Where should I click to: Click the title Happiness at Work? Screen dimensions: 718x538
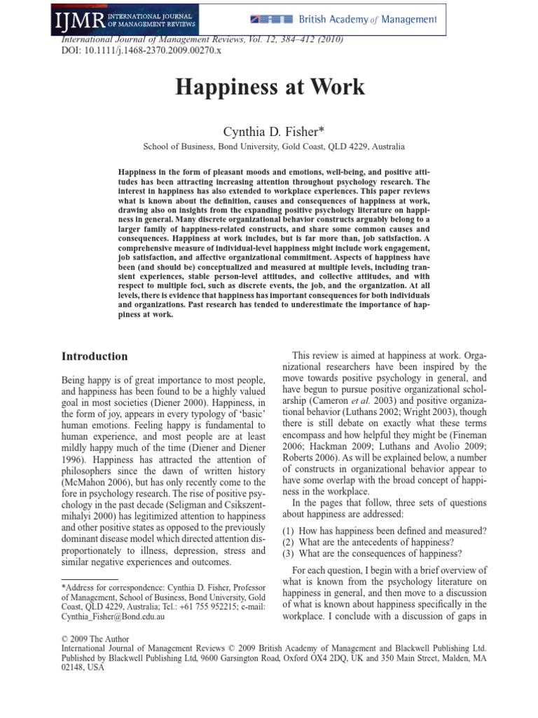click(269, 88)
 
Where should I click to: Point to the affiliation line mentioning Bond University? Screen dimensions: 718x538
click(273, 147)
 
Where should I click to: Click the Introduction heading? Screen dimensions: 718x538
click(95, 356)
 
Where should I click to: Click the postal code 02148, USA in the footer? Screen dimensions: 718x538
click(83, 668)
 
